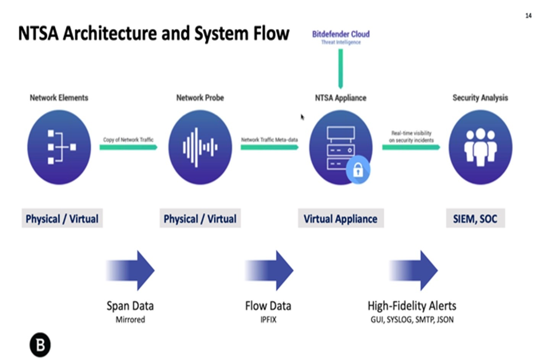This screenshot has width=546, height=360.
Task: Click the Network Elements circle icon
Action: [59, 147]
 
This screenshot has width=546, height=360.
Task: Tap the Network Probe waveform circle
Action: [200, 147]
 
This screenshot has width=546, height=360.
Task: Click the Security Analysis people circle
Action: [480, 147]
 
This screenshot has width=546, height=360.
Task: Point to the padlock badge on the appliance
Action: [358, 170]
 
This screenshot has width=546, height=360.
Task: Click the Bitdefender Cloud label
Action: [341, 34]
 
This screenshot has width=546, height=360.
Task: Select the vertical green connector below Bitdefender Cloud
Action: [341, 69]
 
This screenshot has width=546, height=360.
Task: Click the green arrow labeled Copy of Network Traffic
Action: [128, 147]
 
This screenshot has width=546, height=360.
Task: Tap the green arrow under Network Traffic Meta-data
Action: [269, 147]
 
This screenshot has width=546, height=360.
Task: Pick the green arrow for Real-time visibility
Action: [411, 147]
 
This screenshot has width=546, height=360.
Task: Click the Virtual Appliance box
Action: [341, 218]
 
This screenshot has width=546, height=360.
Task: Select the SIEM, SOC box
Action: [475, 218]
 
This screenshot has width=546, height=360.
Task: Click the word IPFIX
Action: [268, 320]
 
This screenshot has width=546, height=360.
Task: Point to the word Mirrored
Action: [130, 320]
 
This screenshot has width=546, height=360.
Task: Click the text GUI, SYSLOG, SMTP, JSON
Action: [412, 320]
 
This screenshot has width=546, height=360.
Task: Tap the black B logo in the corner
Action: [40, 345]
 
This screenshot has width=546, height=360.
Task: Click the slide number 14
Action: [528, 16]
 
